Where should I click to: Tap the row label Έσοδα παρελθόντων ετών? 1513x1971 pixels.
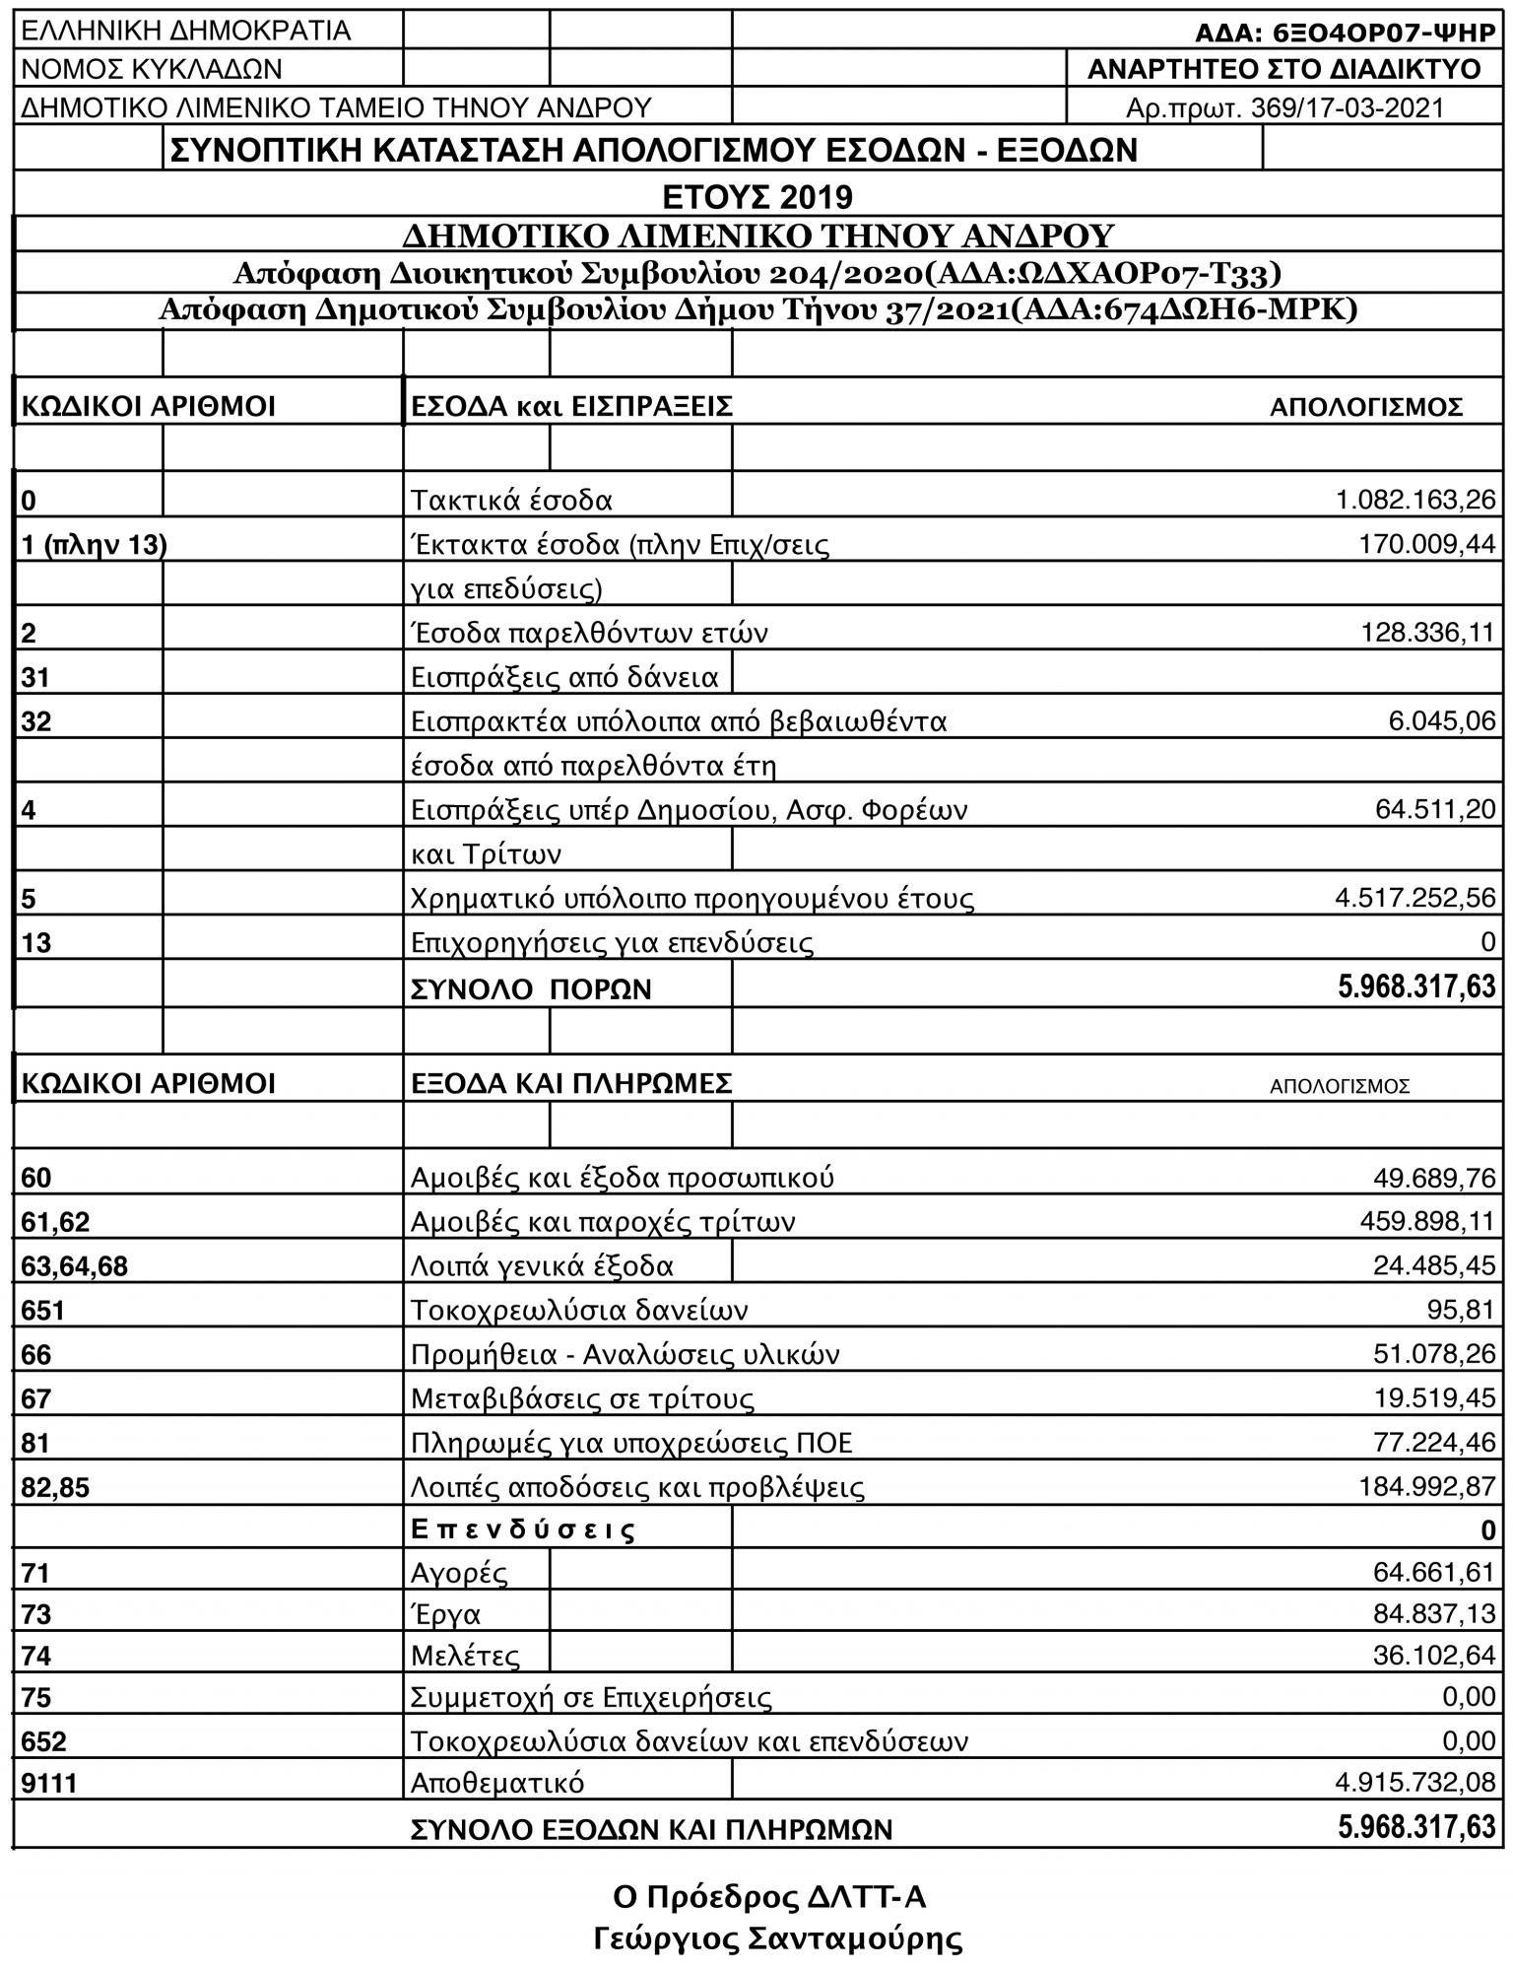click(588, 633)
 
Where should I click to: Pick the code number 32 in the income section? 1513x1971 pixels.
click(36, 721)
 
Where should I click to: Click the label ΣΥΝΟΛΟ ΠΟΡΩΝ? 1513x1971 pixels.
click(531, 988)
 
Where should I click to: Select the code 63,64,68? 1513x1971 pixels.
click(75, 1266)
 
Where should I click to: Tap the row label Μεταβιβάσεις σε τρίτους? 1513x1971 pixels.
click(582, 1398)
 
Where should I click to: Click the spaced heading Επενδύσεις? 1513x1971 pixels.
click(522, 1529)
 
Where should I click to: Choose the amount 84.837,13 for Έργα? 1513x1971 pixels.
click(1434, 1614)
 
